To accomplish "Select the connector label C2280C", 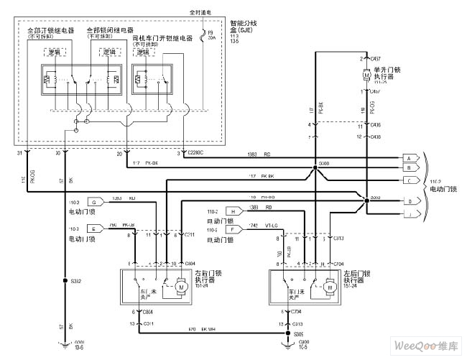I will tap(195, 153).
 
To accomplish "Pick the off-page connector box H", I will tap(233, 211).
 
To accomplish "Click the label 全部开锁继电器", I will tap(50, 32).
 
